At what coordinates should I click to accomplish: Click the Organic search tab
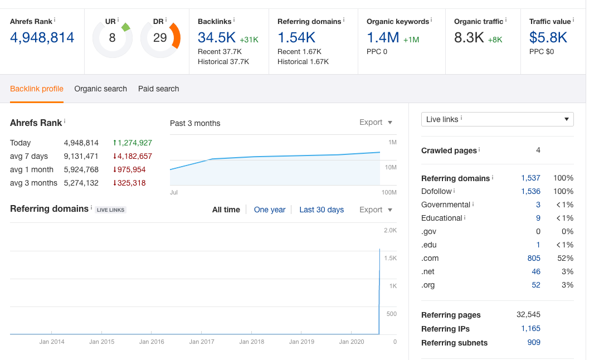point(100,89)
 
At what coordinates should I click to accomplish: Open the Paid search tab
point(159,89)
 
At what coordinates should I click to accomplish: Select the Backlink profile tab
point(37,89)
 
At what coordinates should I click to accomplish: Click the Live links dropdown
point(498,119)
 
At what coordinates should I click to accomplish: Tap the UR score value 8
point(112,37)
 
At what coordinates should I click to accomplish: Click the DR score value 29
point(160,37)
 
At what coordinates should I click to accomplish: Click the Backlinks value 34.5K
point(217,37)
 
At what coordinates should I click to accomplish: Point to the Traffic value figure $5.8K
point(548,37)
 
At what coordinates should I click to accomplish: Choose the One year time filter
point(270,210)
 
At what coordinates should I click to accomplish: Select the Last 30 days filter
point(322,210)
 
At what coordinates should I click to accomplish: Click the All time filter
point(226,210)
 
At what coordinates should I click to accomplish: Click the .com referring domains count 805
point(534,259)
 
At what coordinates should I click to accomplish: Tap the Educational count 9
point(538,218)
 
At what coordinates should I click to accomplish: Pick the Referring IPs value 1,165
point(530,329)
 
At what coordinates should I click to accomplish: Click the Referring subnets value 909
point(534,342)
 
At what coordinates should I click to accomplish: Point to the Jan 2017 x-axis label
point(202,342)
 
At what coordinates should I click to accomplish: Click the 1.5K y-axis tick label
point(391,259)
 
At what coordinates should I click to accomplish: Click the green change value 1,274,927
point(135,143)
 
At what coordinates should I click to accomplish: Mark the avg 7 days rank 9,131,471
point(81,156)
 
